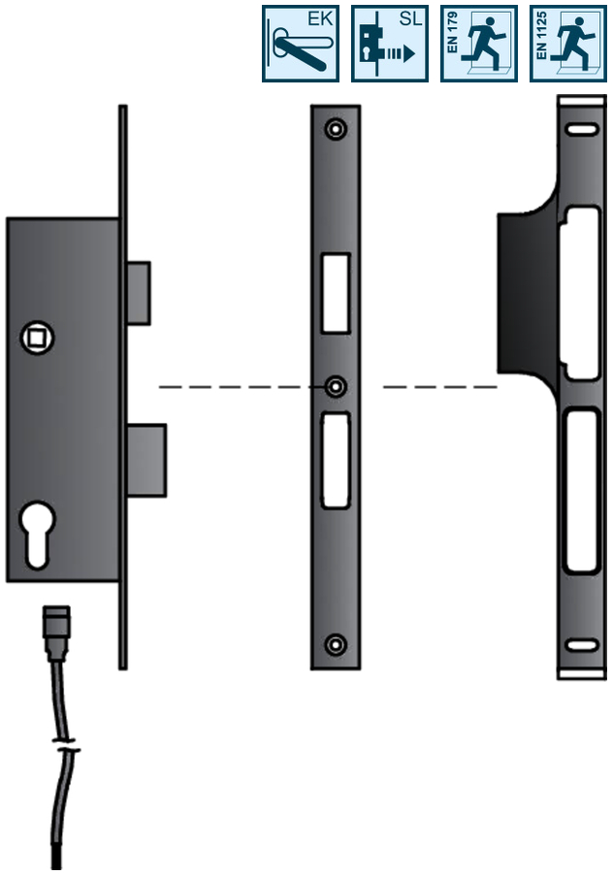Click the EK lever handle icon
(301, 43)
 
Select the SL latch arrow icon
(389, 43)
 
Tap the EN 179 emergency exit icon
(478, 43)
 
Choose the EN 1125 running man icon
(567, 43)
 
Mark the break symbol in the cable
(66, 750)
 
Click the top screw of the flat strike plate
(336, 129)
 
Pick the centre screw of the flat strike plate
(336, 387)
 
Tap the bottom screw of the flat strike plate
(336, 644)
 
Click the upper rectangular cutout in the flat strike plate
(335, 294)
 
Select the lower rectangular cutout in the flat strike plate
(336, 461)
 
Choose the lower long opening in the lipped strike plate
(581, 490)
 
